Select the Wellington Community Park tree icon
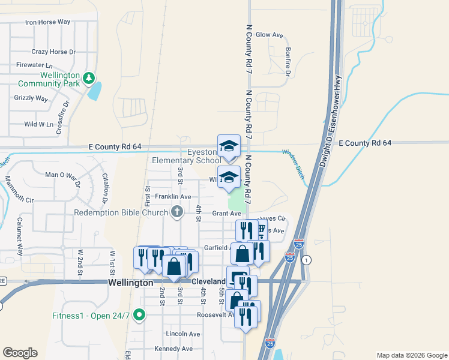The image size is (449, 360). point(88,77)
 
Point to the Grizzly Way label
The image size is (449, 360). point(31,98)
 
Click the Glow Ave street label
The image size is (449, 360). point(269,35)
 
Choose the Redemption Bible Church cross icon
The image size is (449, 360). point(176,211)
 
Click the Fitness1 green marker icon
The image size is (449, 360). point(139,314)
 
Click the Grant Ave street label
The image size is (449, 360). point(226,214)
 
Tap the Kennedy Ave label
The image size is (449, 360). point(173,349)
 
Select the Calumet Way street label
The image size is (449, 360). point(20,244)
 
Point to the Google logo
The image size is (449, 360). point(20,353)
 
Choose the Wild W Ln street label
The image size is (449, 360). point(38,124)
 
